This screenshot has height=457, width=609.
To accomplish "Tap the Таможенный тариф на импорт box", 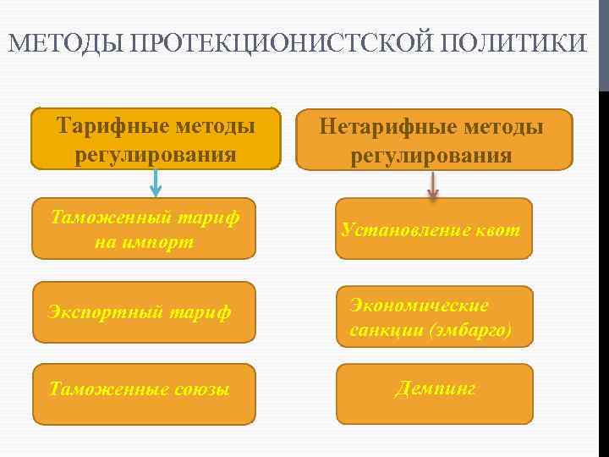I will pyautogui.click(x=144, y=228).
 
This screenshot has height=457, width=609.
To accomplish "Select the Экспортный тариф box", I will pyautogui.click(x=144, y=312).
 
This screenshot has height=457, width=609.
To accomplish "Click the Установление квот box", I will pyautogui.click(x=434, y=228).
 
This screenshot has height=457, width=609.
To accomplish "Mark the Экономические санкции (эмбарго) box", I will pyautogui.click(x=434, y=317).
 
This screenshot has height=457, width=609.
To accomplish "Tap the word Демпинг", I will pyautogui.click(x=435, y=388).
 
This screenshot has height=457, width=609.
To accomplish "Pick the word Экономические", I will pyautogui.click(x=419, y=305).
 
